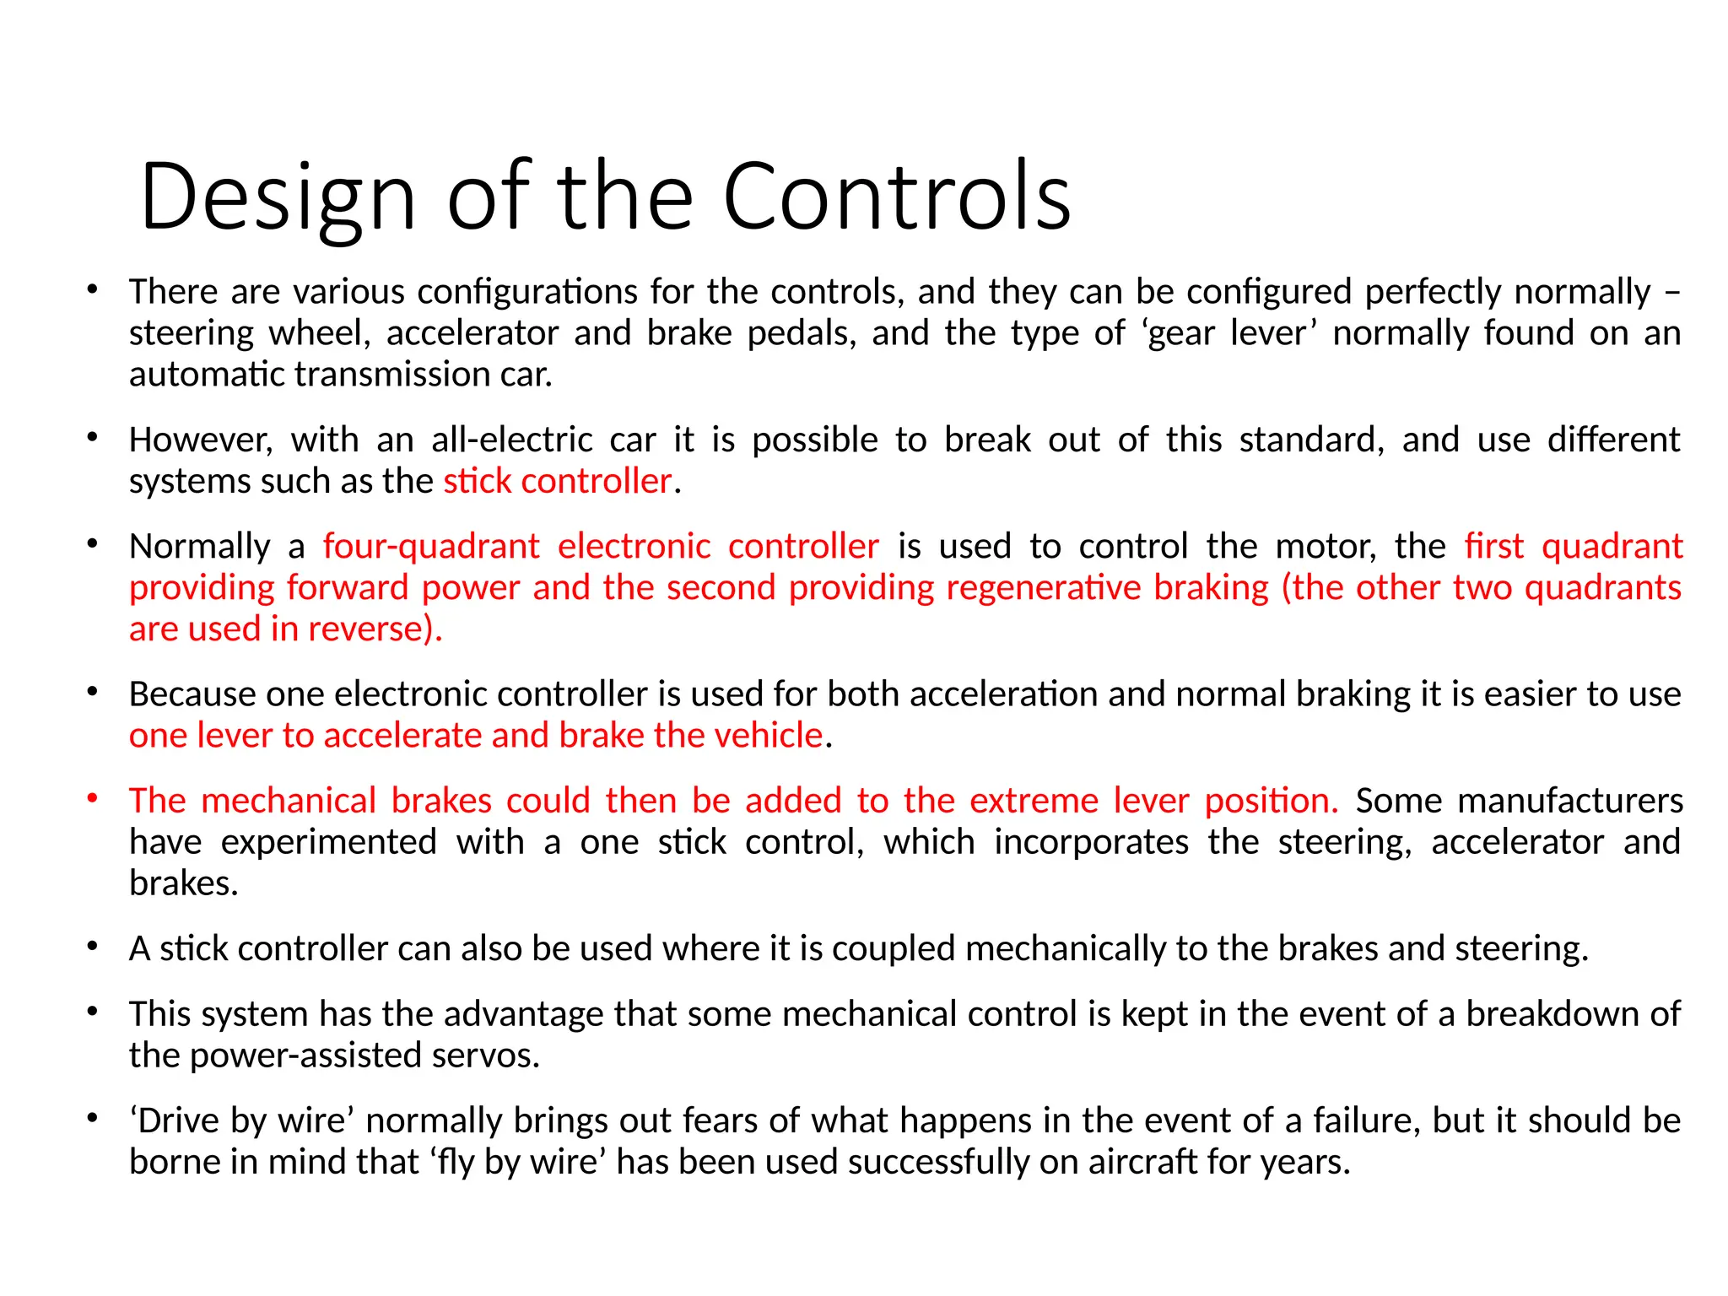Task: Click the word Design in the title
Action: click(278, 197)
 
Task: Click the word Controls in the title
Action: click(896, 197)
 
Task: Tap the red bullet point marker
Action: click(93, 797)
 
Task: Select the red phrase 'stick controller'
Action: click(557, 482)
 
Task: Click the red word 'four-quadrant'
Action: click(430, 547)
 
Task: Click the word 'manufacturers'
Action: click(1519, 801)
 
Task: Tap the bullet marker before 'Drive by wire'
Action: click(93, 1119)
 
